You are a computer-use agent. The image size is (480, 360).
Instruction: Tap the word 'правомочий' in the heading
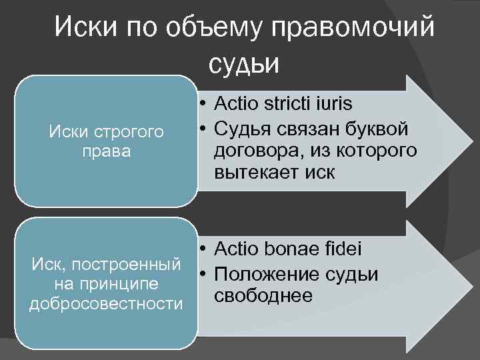tap(349, 28)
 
